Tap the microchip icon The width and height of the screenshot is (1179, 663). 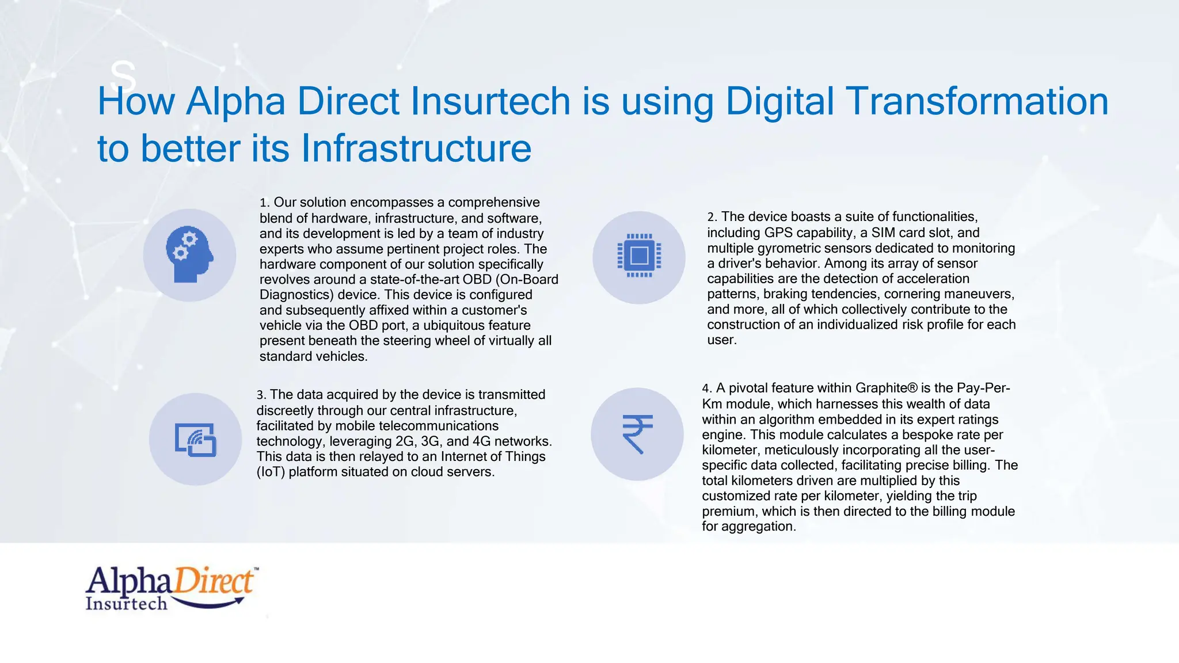[x=639, y=256]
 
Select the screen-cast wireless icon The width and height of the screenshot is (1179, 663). [x=196, y=440]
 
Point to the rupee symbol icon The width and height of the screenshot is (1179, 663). [x=637, y=434]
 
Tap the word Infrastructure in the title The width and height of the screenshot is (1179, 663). [x=416, y=149]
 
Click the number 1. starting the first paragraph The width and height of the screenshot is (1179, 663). [x=264, y=203]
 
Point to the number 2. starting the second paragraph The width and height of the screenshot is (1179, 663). [x=712, y=218]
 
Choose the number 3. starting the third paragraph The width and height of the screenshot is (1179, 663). [x=261, y=395]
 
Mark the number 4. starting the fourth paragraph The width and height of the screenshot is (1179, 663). [x=707, y=388]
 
